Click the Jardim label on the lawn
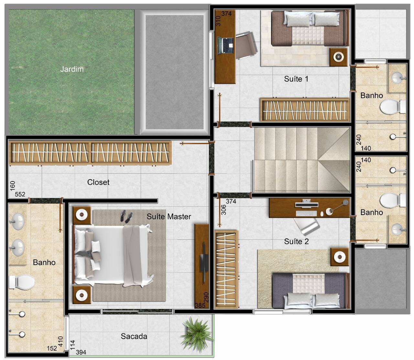click(72, 69)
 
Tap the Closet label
click(98, 182)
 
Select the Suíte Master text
click(169, 216)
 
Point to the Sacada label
click(134, 336)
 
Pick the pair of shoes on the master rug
click(126, 216)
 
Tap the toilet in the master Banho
click(22, 282)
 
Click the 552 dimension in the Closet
click(20, 194)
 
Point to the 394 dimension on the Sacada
click(81, 352)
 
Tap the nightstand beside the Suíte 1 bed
click(338, 57)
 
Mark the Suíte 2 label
click(297, 241)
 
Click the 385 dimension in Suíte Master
click(200, 305)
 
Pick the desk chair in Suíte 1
click(246, 46)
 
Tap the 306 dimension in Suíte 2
click(223, 210)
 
